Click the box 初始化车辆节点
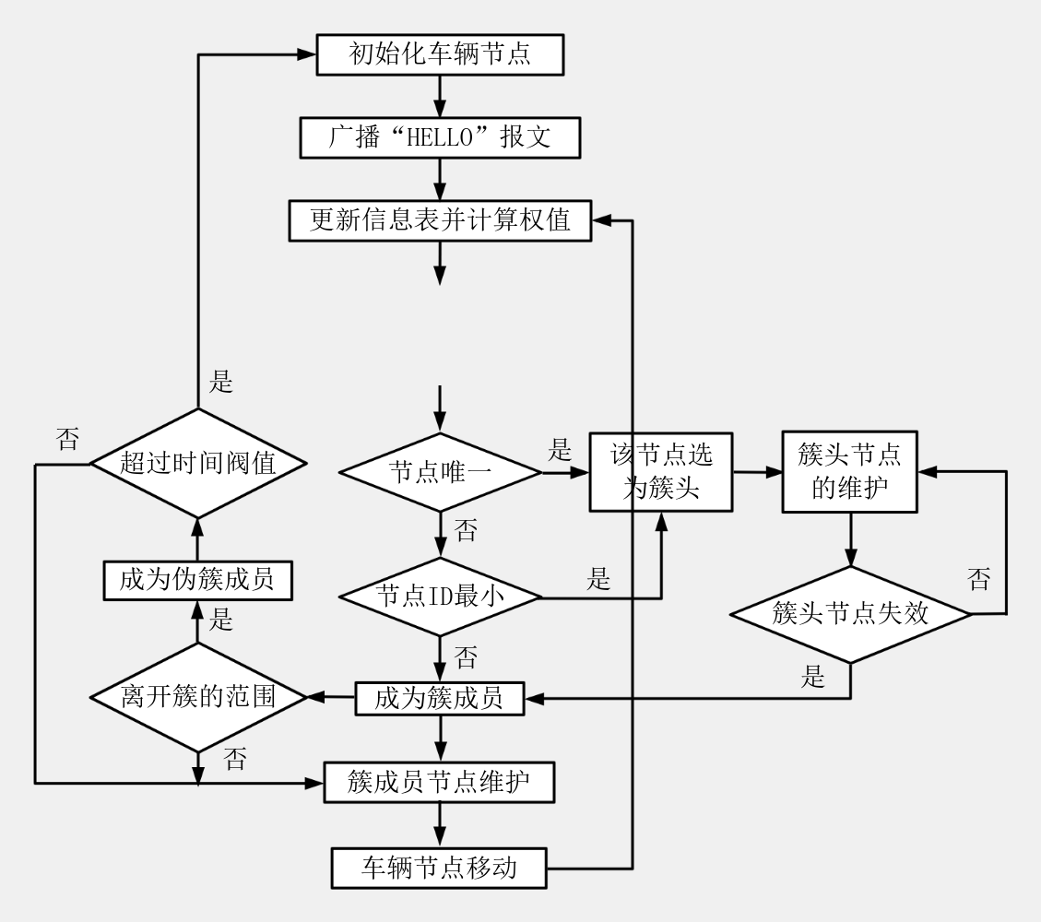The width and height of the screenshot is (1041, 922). [439, 55]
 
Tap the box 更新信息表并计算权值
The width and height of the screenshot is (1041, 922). [439, 221]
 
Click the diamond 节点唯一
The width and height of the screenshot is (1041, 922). [441, 472]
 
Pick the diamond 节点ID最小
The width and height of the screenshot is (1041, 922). [439, 597]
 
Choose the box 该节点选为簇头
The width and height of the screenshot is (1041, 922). [661, 472]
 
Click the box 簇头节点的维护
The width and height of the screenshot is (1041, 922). [849, 470]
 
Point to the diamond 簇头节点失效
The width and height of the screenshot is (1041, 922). [850, 614]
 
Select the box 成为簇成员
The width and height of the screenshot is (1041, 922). [439, 698]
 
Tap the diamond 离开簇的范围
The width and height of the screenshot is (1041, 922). [197, 698]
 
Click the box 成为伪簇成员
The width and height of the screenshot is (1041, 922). [197, 580]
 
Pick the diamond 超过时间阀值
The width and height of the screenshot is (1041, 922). [197, 464]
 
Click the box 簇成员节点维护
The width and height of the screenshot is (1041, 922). [439, 783]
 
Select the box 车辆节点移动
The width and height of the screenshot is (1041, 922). [439, 868]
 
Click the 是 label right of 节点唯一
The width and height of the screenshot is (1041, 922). [561, 452]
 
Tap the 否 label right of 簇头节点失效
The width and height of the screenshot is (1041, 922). [978, 580]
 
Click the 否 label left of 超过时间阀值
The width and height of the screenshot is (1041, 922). [67, 440]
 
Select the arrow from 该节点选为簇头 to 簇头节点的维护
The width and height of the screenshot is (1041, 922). [757, 472]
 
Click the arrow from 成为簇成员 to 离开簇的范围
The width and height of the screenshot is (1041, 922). [331, 698]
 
